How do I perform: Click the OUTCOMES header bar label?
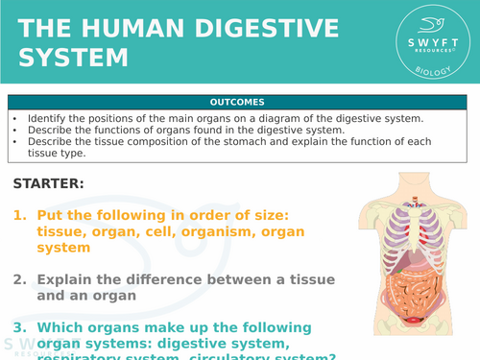pos(239,102)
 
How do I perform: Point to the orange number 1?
pos(18,217)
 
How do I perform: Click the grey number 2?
pos(19,279)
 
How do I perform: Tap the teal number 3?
pos(19,327)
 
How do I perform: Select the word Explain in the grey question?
pos(68,279)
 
